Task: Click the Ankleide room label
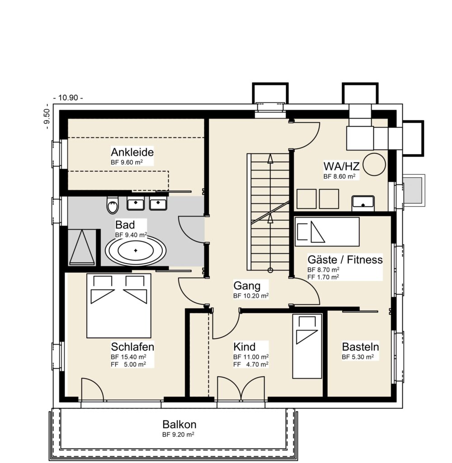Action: (x=132, y=152)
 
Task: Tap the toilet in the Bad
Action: (x=112, y=204)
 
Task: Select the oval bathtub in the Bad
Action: (x=136, y=250)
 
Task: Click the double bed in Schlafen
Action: (x=119, y=306)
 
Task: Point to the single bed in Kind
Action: (x=307, y=346)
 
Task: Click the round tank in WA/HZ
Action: (x=374, y=165)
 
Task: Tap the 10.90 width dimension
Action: (x=68, y=98)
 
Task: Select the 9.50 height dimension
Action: (x=47, y=116)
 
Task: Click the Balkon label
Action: (x=179, y=424)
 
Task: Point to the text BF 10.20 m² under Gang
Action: (x=251, y=296)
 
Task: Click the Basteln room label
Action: (x=360, y=347)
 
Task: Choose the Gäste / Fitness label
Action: (x=345, y=260)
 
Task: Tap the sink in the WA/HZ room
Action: (x=363, y=203)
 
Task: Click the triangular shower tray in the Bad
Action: (x=82, y=247)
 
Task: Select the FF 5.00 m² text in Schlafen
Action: (x=128, y=364)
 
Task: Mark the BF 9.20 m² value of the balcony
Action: (x=178, y=435)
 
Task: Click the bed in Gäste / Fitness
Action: (x=327, y=232)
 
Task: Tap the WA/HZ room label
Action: (x=341, y=166)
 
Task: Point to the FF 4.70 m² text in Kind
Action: (x=251, y=364)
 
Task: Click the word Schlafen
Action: (x=132, y=347)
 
